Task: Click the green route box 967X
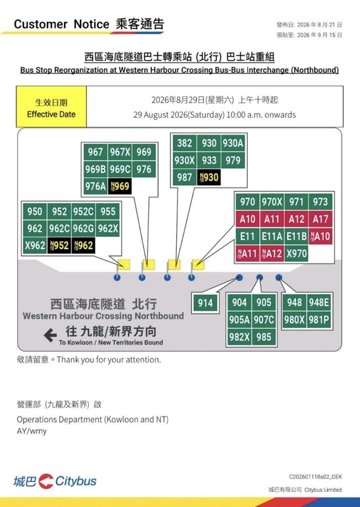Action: (x=120, y=152)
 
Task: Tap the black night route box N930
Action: (x=209, y=177)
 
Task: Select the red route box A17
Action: (x=321, y=219)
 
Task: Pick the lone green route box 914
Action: (x=205, y=303)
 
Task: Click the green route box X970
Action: (x=296, y=253)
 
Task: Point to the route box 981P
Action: (x=319, y=319)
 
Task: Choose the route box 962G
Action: (x=84, y=229)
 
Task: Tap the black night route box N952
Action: (x=59, y=245)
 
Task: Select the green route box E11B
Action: (x=296, y=236)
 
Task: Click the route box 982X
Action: (x=240, y=337)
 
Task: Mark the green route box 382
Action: (x=184, y=143)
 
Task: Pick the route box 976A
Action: (x=96, y=186)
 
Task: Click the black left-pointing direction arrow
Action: (x=51, y=335)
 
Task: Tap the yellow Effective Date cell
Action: (x=51, y=106)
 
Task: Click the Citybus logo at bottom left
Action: (x=55, y=481)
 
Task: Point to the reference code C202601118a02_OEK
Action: (x=316, y=477)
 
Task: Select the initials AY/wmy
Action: (x=32, y=431)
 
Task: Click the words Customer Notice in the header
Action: (x=61, y=24)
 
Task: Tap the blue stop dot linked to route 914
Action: (x=240, y=278)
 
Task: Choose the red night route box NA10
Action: (x=321, y=236)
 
